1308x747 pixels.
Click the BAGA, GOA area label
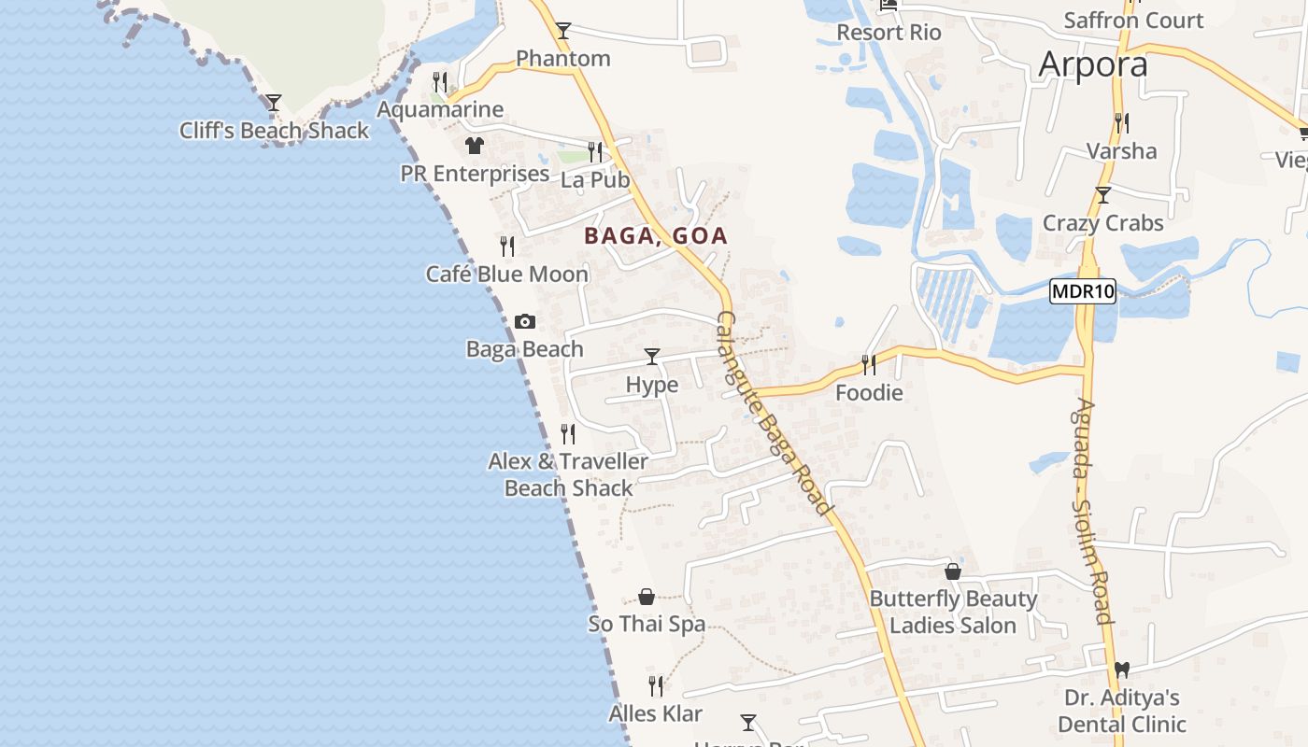pyautogui.click(x=655, y=236)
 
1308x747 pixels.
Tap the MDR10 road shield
pyautogui.click(x=1083, y=291)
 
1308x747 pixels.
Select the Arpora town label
pyautogui.click(x=1092, y=64)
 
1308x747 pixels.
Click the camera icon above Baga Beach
pyautogui.click(x=525, y=322)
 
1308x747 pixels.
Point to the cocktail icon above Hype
pyautogui.click(x=652, y=357)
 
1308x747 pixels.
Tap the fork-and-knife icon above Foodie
pyautogui.click(x=869, y=364)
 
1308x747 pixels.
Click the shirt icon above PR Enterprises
pyautogui.click(x=475, y=146)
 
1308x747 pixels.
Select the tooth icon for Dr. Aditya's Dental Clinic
pyautogui.click(x=1122, y=669)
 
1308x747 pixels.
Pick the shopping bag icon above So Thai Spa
pyautogui.click(x=646, y=597)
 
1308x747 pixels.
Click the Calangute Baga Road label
pyautogui.click(x=773, y=413)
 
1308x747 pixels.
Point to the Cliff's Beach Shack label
pyautogui.click(x=274, y=131)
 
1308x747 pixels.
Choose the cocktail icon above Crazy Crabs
pyautogui.click(x=1103, y=195)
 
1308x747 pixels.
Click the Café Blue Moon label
pyautogui.click(x=507, y=275)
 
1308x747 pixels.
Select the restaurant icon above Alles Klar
pyautogui.click(x=656, y=686)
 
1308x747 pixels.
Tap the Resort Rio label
pyautogui.click(x=889, y=33)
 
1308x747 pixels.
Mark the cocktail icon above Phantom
pyautogui.click(x=562, y=31)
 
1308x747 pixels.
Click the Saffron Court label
pyautogui.click(x=1133, y=21)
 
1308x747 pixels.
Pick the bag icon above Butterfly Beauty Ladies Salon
pyautogui.click(x=953, y=571)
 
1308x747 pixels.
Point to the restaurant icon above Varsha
pyautogui.click(x=1121, y=122)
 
